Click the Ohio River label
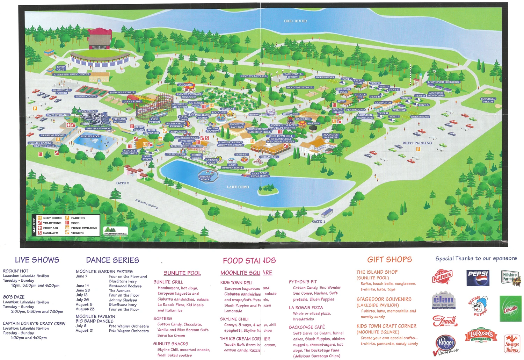coord(295,21)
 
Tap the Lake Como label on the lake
coord(238,187)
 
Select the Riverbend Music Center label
coord(71,74)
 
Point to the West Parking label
coord(417,143)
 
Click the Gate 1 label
coord(319,221)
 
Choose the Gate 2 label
coord(123,183)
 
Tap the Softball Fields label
coord(488,100)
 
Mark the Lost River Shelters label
coord(443,82)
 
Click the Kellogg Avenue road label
coord(147,204)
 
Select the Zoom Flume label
coord(88,111)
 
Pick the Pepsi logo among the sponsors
coord(478,278)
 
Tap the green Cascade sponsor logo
coord(510,309)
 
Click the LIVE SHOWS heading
coord(37,260)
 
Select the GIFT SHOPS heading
coord(390,259)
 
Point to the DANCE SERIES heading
coord(112,260)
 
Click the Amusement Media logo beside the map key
coord(116,231)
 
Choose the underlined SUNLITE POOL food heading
coord(182,273)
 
